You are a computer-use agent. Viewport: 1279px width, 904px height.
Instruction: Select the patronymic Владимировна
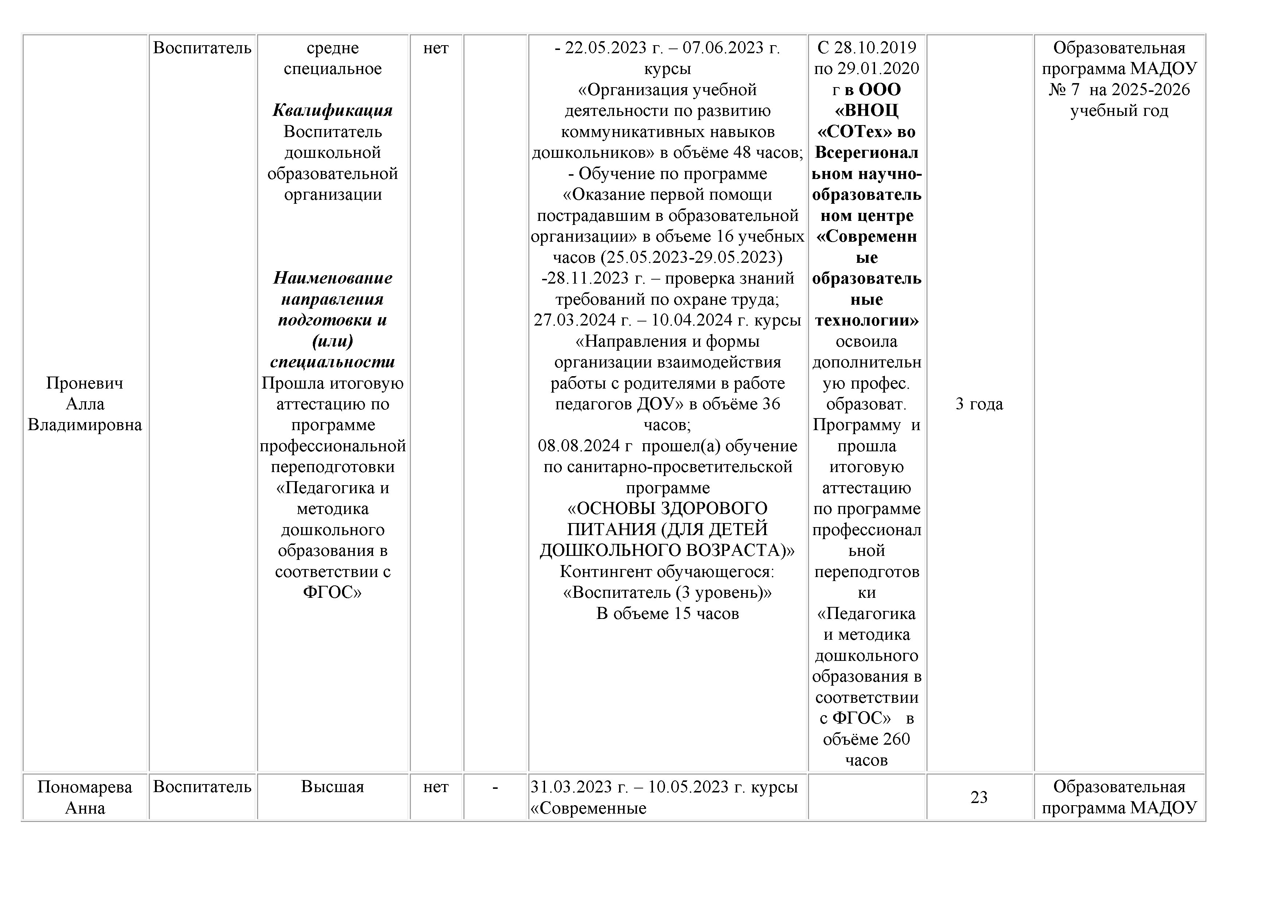pos(85,425)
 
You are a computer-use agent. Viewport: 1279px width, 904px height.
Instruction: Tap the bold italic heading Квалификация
pos(333,110)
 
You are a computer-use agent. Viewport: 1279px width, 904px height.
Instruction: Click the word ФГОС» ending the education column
pos(333,592)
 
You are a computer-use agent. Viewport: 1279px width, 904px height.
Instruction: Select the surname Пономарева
pos(85,787)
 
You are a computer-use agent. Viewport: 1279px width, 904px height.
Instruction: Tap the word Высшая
pos(333,787)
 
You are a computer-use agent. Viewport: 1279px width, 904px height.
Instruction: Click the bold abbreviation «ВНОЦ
pos(866,110)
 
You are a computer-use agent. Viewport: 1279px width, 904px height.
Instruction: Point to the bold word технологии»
pos(866,320)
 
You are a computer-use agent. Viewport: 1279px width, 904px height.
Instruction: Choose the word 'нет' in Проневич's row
pos(436,48)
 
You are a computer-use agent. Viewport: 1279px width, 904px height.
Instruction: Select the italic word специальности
pos(333,362)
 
